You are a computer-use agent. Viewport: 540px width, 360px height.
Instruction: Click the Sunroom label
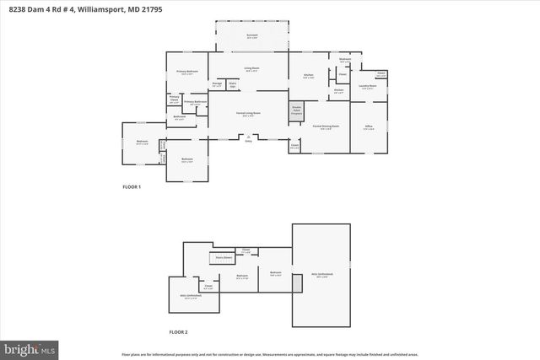tap(252, 35)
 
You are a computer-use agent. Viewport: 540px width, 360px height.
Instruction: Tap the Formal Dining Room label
tap(325, 126)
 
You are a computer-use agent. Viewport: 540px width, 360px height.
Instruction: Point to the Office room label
tap(369, 126)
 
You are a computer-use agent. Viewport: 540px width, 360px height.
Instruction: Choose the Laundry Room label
tap(366, 85)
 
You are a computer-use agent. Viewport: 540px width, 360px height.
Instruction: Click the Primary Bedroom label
tap(186, 73)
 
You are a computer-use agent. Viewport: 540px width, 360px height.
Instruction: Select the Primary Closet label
tap(174, 99)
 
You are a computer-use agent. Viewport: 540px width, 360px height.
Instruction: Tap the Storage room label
tap(216, 84)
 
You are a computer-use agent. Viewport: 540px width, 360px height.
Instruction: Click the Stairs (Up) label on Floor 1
tap(233, 84)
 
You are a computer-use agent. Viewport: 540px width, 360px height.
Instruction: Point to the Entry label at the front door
tap(248, 140)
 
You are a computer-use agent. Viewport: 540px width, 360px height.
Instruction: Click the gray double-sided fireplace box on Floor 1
tap(297, 111)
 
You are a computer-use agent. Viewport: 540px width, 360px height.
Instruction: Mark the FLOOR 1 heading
tap(132, 186)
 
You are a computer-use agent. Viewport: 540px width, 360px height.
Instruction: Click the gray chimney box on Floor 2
tap(297, 282)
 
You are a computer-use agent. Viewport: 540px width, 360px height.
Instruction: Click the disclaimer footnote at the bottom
tap(269, 355)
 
